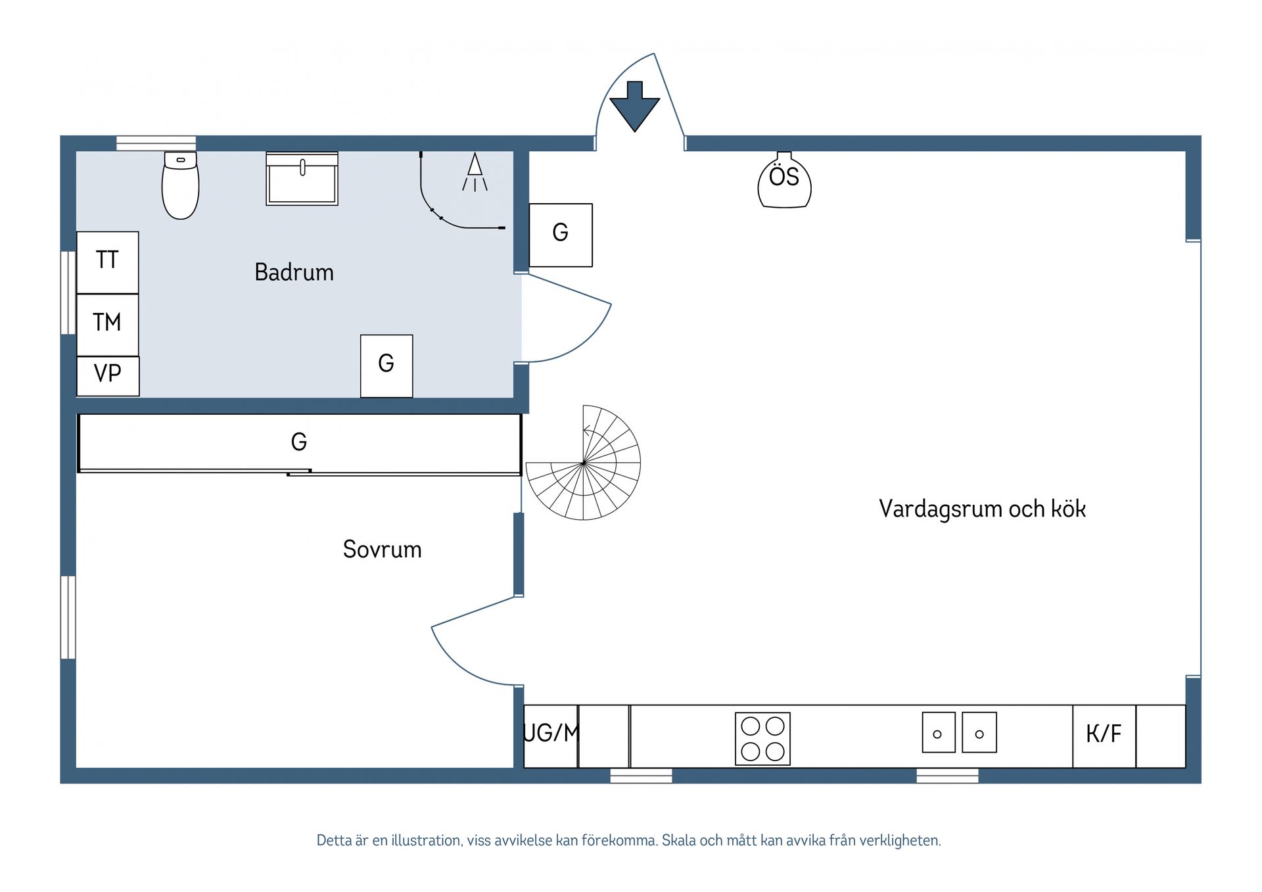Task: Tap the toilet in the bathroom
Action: click(x=180, y=187)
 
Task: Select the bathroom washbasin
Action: click(x=302, y=179)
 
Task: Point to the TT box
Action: click(x=107, y=261)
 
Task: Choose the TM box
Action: click(x=107, y=323)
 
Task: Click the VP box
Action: click(x=108, y=375)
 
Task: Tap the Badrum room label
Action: click(x=294, y=272)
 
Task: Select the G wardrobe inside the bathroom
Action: click(x=386, y=365)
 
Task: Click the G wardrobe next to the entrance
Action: click(x=561, y=234)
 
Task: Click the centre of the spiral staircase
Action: click(x=583, y=463)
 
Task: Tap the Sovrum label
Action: click(x=382, y=550)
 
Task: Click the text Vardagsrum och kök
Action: click(x=982, y=509)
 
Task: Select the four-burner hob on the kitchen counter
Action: click(x=762, y=738)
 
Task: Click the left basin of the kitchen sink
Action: click(x=938, y=733)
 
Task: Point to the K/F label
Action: click(x=1104, y=734)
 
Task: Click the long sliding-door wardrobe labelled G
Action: click(x=299, y=442)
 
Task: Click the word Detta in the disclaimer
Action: click(x=335, y=841)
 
